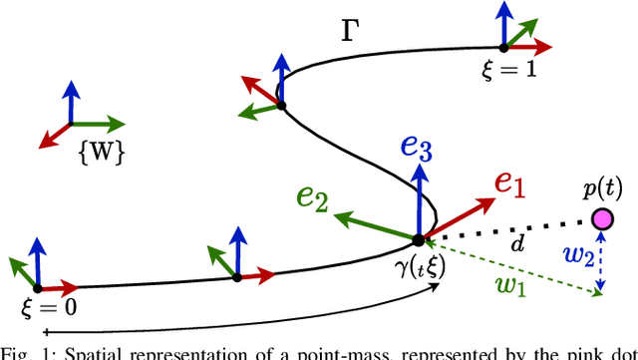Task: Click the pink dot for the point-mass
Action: click(x=602, y=218)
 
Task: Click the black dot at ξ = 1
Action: click(x=503, y=46)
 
